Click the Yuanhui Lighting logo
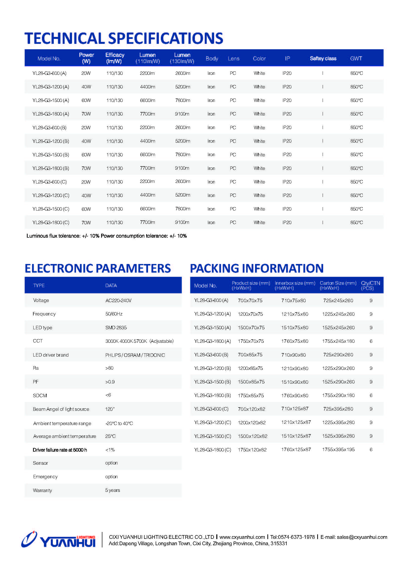58,540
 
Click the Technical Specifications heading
124,38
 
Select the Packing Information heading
257,268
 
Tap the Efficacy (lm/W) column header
114,58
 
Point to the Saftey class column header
323,58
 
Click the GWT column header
356,58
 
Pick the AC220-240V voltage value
118,300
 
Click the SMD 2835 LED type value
116,327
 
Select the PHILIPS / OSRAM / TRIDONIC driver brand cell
135,355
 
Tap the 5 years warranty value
112,490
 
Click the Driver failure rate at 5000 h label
60,450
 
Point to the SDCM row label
40,395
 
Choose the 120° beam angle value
110,409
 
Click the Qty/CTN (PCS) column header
370,285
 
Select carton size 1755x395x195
338,449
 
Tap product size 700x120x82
251,409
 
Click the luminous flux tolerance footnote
107,236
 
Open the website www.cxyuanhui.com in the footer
242,537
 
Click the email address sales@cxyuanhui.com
362,537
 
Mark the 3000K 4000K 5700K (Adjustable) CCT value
139,341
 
